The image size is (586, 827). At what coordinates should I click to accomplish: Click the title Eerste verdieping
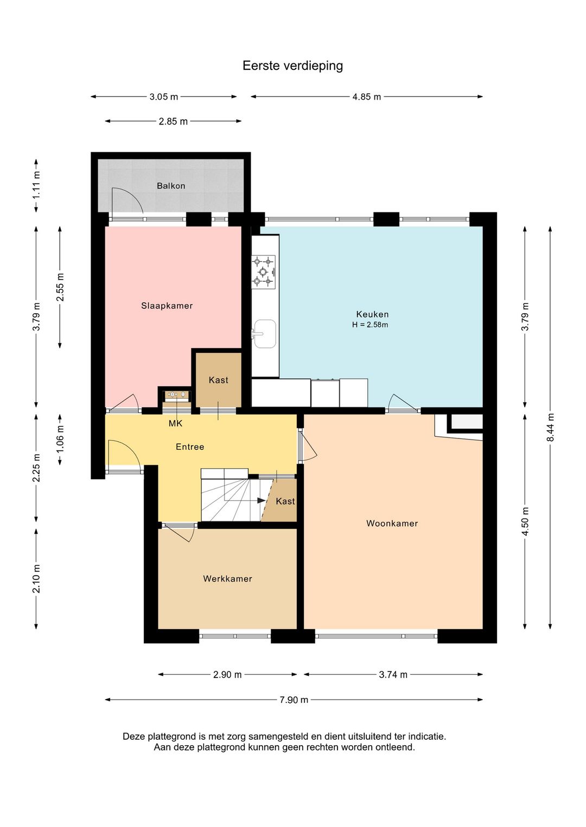pos(292,66)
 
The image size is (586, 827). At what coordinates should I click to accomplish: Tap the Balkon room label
pos(171,186)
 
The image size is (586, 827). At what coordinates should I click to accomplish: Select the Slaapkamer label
pos(167,306)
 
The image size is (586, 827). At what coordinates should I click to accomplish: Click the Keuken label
pos(372,314)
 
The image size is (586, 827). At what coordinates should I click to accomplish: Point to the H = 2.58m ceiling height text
pos(370,325)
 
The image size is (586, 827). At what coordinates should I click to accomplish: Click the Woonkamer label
pos(392,523)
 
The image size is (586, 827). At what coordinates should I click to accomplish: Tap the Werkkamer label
pos(227,579)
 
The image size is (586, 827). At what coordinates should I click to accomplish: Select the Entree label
pos(190,447)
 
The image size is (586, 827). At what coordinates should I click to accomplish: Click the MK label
pos(175,423)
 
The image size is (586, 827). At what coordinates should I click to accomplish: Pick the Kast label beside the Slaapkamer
pos(218,380)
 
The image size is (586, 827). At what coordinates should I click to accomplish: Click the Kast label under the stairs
pos(285,501)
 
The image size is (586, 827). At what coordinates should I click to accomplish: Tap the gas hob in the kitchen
pos(264,272)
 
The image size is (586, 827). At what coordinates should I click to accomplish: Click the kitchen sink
pos(265,334)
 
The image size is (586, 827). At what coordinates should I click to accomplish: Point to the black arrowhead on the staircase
pos(262,501)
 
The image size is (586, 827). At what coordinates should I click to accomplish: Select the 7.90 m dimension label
pos(294,700)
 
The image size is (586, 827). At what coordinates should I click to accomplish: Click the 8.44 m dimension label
pos(551,427)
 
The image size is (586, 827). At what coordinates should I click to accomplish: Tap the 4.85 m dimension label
pos(366,97)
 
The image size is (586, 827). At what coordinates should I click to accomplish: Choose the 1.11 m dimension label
pos(36,186)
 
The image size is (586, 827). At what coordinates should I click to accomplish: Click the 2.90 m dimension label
pos(227,675)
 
